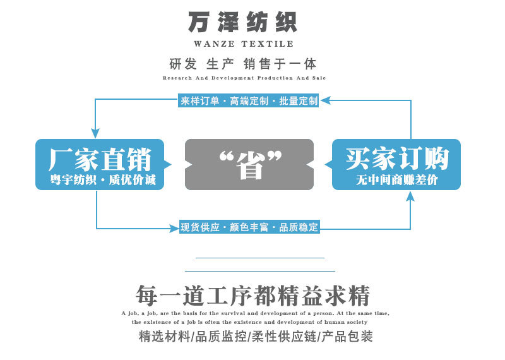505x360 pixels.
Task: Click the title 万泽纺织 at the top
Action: (x=242, y=22)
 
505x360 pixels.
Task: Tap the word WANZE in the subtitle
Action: (x=214, y=44)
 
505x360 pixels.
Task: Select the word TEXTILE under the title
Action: (x=267, y=44)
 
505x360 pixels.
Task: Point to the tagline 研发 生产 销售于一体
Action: (x=242, y=64)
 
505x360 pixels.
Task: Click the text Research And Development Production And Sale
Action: (x=244, y=78)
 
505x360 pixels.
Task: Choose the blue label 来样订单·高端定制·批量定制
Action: (x=249, y=101)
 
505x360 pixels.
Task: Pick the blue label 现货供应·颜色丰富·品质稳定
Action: (x=249, y=227)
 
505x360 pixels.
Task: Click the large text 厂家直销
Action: (x=100, y=159)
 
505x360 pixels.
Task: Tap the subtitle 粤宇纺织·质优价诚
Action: (x=103, y=179)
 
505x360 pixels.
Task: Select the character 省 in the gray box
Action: (x=250, y=165)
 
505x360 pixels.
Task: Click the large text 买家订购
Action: (x=397, y=159)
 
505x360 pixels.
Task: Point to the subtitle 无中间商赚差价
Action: (x=397, y=179)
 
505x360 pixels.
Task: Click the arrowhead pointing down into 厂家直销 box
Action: (x=95, y=134)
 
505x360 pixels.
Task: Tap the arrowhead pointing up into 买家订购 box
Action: (x=410, y=196)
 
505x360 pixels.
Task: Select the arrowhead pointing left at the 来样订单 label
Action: (x=325, y=100)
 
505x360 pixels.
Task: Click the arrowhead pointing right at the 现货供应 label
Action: (x=174, y=229)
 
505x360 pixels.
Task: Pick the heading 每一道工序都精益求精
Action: (x=252, y=295)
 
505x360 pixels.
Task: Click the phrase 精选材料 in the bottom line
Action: (x=164, y=336)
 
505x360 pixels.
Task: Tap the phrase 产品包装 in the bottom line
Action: (x=347, y=336)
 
